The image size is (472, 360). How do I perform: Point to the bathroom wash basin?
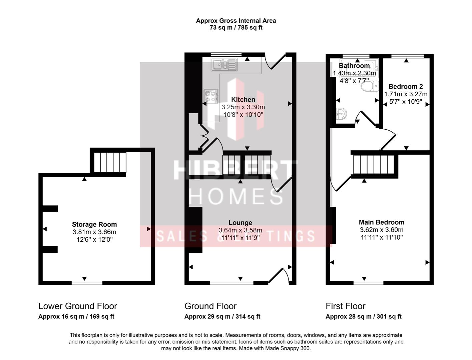tap(341, 114)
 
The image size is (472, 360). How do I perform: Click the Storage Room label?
tap(94, 224)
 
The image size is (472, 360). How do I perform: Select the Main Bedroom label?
tap(381, 222)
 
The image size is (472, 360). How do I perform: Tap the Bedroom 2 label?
tap(406, 87)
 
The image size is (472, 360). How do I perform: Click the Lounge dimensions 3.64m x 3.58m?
tap(240, 230)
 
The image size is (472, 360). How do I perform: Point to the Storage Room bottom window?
tap(87, 283)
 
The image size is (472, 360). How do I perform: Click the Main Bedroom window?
tap(368, 283)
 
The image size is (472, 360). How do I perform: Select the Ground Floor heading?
tap(210, 306)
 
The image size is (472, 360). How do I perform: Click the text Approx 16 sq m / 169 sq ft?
tap(76, 317)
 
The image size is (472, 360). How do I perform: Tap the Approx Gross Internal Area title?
tap(236, 21)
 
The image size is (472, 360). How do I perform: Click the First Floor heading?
tap(345, 306)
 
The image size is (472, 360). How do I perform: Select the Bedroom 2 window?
tap(407, 56)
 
